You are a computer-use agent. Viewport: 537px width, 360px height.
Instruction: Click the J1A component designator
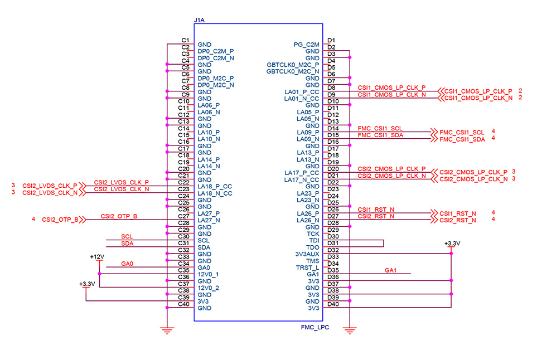[x=199, y=20]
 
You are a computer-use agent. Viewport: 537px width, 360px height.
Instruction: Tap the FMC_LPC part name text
[x=315, y=328]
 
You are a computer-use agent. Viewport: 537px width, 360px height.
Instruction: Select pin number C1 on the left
[x=186, y=40]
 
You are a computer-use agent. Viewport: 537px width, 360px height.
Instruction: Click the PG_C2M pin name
[x=306, y=45]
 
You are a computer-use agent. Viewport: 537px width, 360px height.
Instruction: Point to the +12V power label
[x=97, y=256]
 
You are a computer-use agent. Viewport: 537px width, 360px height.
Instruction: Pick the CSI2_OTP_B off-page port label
[x=60, y=220]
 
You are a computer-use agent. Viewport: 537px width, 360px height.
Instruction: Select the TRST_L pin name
[x=308, y=267]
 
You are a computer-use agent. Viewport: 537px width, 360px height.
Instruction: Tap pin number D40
[x=333, y=304]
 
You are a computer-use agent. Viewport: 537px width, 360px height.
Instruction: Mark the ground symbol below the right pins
[x=349, y=330]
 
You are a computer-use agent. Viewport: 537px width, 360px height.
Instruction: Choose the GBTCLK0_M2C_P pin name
[x=293, y=65]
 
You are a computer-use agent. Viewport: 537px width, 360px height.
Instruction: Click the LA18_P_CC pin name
[x=215, y=186]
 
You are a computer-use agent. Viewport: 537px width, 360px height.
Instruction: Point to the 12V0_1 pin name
[x=209, y=274]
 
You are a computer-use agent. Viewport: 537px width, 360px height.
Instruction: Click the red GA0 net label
[x=127, y=264]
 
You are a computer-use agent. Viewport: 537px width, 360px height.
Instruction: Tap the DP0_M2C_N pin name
[x=216, y=85]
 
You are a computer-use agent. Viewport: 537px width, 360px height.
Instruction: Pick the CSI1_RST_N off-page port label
[x=458, y=213]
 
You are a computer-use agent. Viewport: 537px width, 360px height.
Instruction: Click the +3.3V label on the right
[x=452, y=244]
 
